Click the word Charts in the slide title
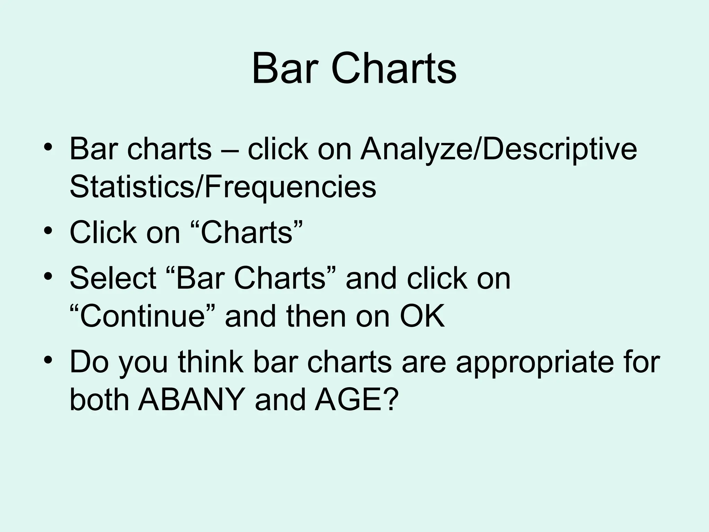[x=394, y=69]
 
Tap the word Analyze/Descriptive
[x=498, y=150]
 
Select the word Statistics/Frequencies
[x=223, y=187]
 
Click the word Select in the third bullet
[x=113, y=278]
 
